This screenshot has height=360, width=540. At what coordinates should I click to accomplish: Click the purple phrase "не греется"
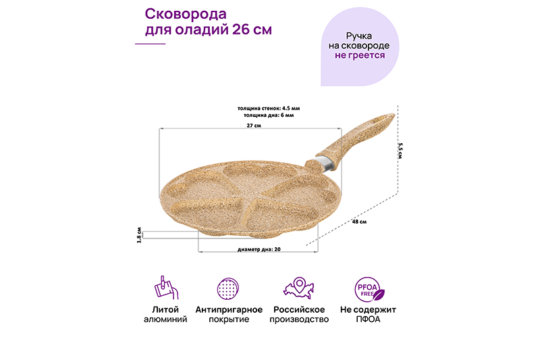tap(360, 55)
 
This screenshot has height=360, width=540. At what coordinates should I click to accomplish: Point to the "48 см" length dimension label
tap(359, 221)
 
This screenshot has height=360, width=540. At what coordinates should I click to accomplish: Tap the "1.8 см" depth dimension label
tap(139, 234)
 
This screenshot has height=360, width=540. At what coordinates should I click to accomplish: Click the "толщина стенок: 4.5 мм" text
tap(269, 108)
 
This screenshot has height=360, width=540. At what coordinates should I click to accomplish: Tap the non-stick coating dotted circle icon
tap(229, 289)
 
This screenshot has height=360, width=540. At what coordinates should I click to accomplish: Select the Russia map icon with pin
tap(300, 289)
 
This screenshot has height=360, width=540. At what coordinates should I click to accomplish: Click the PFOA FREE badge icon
tap(369, 289)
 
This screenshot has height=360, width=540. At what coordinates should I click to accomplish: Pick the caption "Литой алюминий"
tap(165, 314)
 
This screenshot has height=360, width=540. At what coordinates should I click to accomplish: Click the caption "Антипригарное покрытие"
tap(229, 314)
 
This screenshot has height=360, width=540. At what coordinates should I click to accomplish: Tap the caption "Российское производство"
tap(300, 314)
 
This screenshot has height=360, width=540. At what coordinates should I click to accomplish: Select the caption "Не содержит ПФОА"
tap(369, 314)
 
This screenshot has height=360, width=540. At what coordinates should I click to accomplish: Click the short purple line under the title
tap(151, 44)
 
